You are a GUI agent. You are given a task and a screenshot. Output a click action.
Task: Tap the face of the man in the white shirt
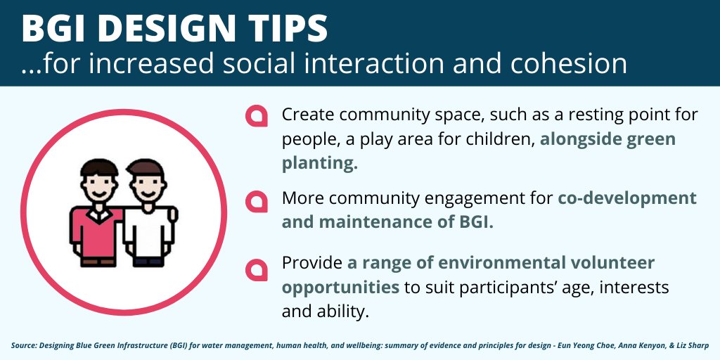(148, 186)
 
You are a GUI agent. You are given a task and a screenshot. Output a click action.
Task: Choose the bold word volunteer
(612, 263)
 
